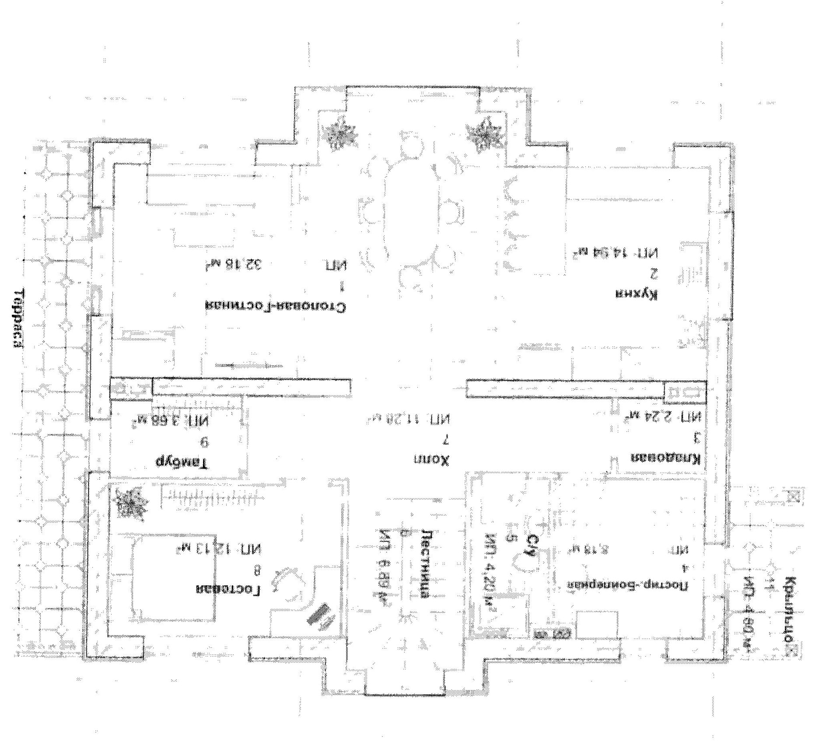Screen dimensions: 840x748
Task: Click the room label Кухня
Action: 637,295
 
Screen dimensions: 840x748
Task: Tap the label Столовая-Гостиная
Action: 275,306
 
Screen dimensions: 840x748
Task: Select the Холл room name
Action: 431,460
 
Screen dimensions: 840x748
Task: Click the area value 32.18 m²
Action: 236,264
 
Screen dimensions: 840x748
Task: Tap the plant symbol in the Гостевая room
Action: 130,503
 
